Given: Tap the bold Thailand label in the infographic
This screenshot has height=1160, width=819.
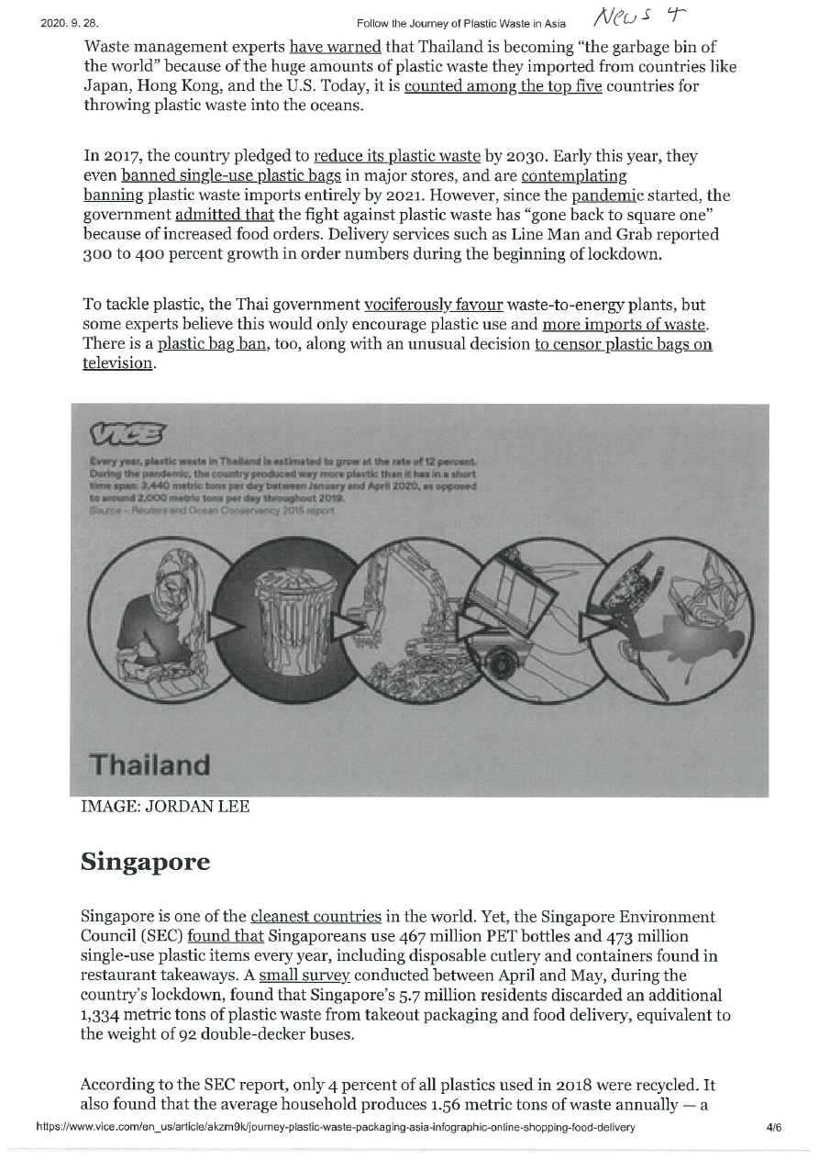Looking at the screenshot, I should pyautogui.click(x=149, y=764).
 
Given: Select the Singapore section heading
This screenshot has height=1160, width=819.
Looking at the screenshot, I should pyautogui.click(x=146, y=863).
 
